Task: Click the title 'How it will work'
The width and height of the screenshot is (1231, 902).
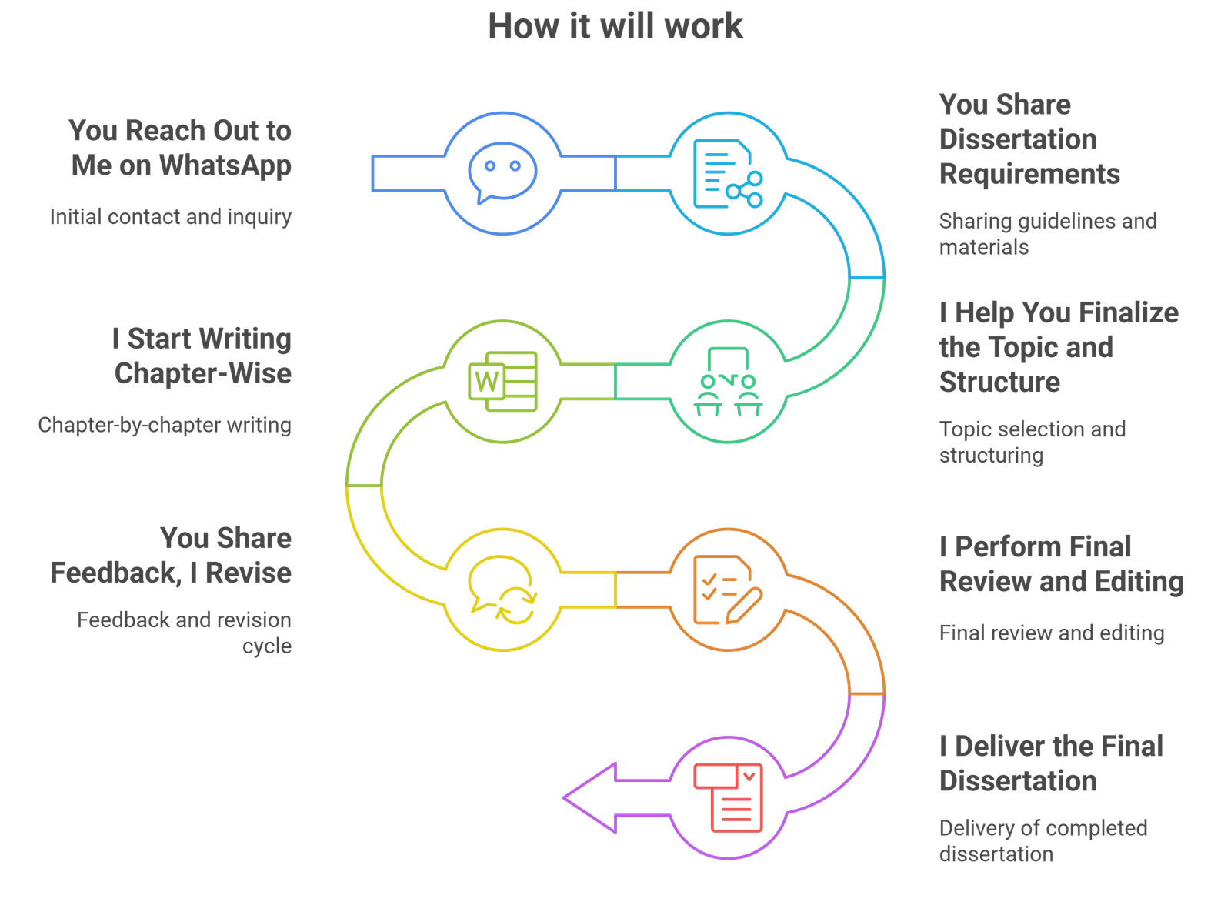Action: point(615,25)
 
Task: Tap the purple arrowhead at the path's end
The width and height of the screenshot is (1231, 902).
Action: point(592,797)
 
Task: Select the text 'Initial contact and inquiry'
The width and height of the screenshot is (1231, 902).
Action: point(171,217)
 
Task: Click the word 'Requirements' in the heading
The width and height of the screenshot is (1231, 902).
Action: point(1029,174)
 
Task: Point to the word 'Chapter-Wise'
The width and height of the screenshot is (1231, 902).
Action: point(203,373)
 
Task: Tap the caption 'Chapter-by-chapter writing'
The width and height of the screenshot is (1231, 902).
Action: point(165,425)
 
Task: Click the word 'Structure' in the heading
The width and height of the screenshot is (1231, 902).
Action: point(999,382)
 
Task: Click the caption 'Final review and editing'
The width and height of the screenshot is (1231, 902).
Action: point(1052,633)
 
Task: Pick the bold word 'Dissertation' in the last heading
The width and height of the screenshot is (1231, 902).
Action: point(1018,781)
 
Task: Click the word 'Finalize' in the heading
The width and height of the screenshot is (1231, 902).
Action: point(1128,312)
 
